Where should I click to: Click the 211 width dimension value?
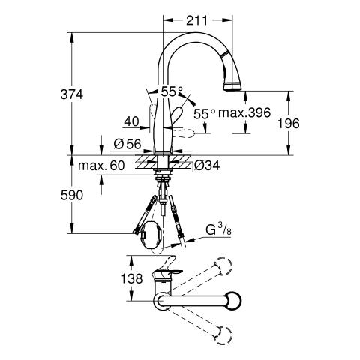pyautogui.click(x=196, y=20)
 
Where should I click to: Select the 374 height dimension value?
pyautogui.click(x=71, y=94)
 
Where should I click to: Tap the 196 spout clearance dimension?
pyautogui.click(x=289, y=124)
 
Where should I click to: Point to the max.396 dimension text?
pyautogui.click(x=244, y=113)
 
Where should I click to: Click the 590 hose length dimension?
pyautogui.click(x=72, y=195)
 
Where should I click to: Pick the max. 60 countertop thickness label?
pyautogui.click(x=101, y=166)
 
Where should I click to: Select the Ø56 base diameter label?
pyautogui.click(x=127, y=144)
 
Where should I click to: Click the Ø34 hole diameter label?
pyautogui.click(x=207, y=166)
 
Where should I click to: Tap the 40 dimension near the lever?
pyautogui.click(x=131, y=122)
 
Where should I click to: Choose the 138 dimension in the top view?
pyautogui.click(x=131, y=278)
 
